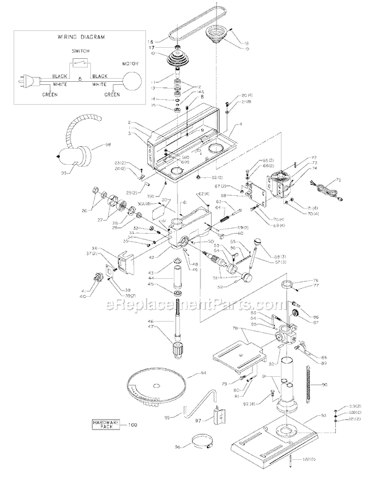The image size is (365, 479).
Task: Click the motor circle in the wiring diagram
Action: coord(131,81)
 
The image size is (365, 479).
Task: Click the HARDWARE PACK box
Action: coord(105,424)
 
